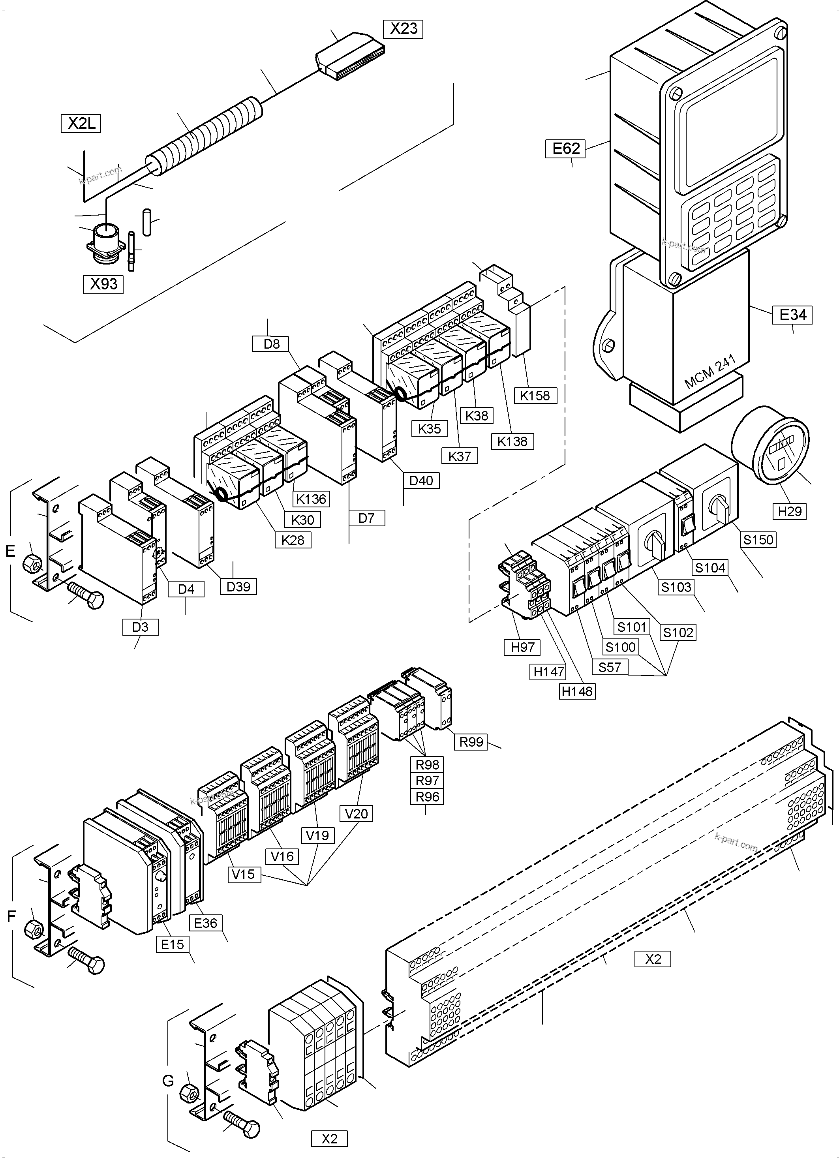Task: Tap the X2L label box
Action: tap(81, 124)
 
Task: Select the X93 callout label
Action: tap(104, 284)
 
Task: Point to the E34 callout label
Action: tap(792, 315)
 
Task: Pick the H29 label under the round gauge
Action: tap(790, 510)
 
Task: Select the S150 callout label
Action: tap(758, 539)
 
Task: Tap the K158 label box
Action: tap(535, 395)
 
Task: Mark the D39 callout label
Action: tap(238, 587)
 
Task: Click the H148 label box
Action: tap(577, 691)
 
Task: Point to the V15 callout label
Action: tap(243, 874)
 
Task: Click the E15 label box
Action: tap(173, 944)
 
